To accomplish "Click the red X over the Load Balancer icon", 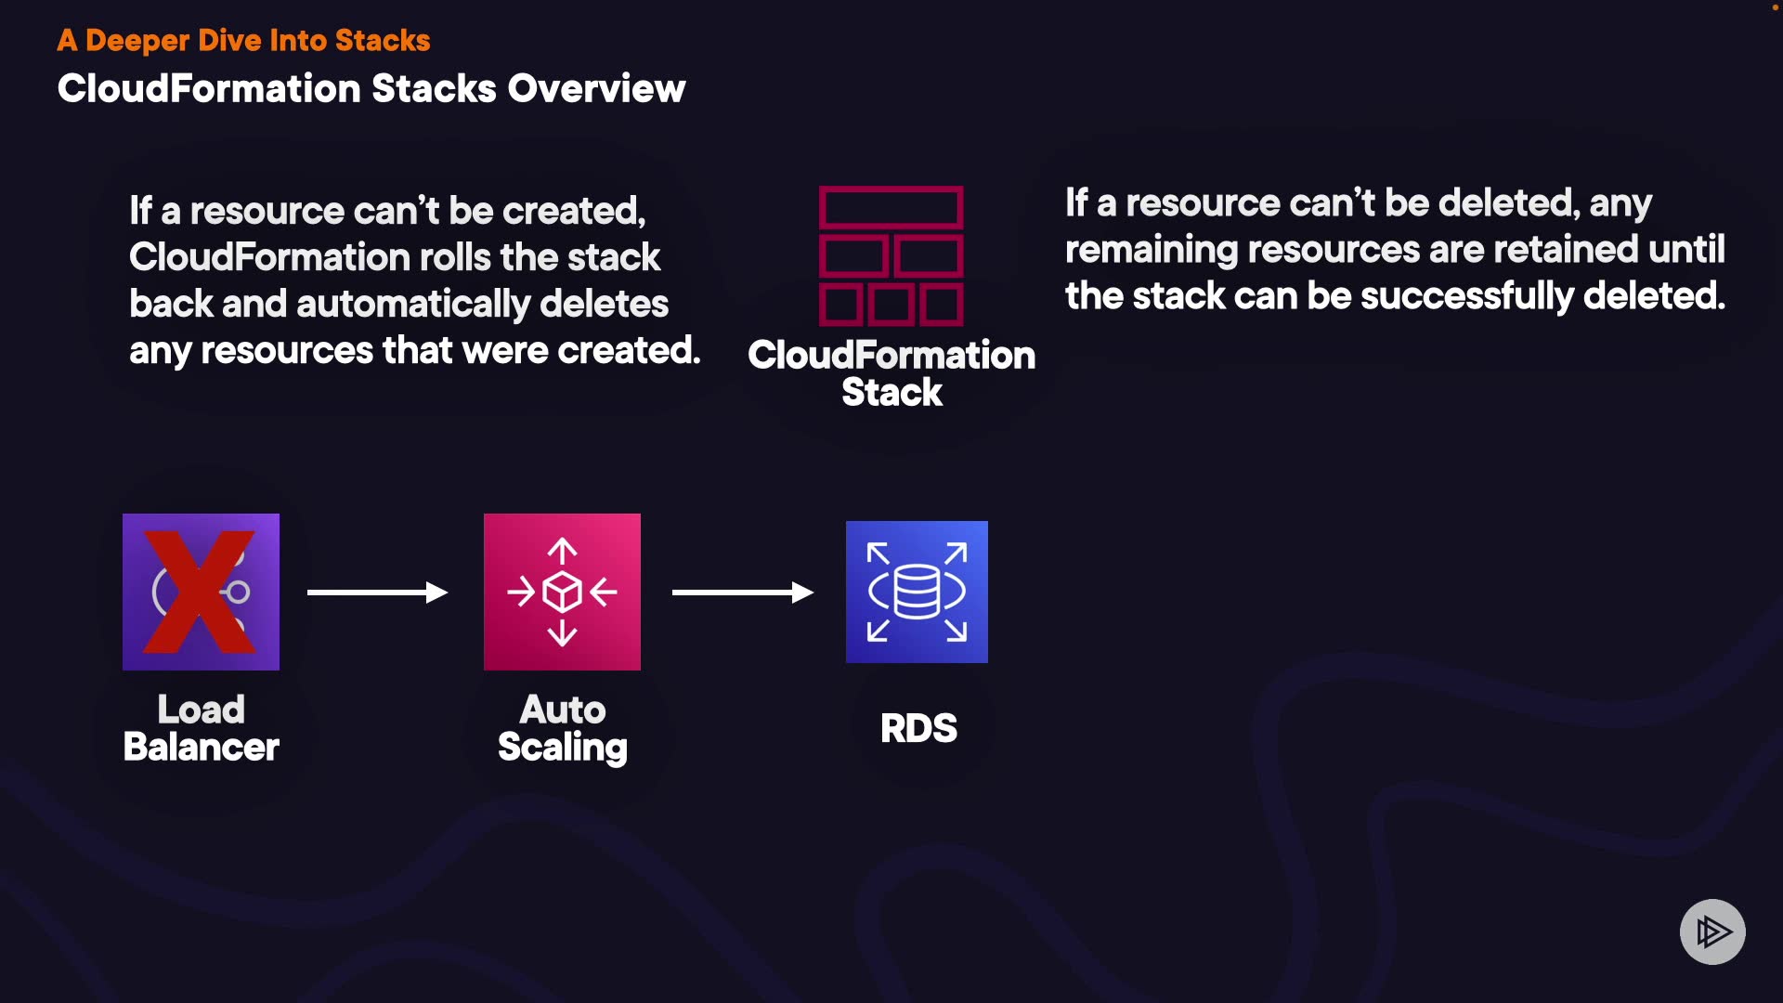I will click(200, 592).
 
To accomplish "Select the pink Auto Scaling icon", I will click(562, 592).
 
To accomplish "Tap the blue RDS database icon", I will click(917, 592).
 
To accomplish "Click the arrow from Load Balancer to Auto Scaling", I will click(377, 593).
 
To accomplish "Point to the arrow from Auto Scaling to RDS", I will click(742, 593).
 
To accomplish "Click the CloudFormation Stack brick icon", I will click(891, 256).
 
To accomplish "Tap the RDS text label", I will click(918, 728).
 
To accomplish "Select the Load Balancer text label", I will click(201, 728).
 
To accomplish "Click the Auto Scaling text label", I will click(562, 728).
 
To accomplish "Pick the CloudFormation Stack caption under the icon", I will click(891, 373).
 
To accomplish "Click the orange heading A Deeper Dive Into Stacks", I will click(243, 40).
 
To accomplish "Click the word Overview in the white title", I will click(596, 89).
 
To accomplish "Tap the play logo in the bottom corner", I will click(1712, 931).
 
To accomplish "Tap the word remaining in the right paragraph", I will click(1151, 250).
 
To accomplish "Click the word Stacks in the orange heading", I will click(383, 40).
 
